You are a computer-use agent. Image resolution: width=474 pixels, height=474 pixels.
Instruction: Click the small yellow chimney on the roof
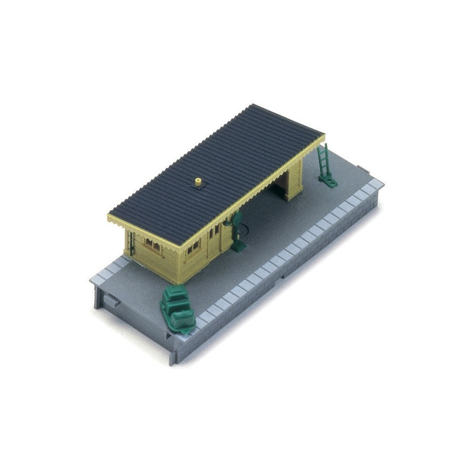click(197, 181)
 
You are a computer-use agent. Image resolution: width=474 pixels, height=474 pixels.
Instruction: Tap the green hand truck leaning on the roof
click(324, 165)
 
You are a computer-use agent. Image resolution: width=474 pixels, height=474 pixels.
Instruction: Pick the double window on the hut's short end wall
click(152, 244)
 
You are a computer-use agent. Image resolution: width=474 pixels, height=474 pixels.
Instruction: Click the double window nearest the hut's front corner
click(193, 248)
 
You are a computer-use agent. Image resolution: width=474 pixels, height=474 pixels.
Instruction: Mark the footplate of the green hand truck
click(327, 181)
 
